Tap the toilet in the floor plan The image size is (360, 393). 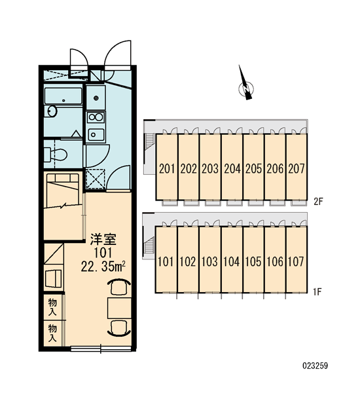point(56,155)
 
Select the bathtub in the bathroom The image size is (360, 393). point(63,96)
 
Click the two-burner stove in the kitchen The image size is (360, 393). point(96,117)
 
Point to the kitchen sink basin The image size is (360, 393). point(96,135)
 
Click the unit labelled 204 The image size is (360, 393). point(232,167)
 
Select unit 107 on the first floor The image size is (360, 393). point(296,259)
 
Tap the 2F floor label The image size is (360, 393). point(318,202)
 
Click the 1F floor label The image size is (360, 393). point(317,291)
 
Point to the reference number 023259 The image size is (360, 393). point(315,365)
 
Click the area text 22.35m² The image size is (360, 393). point(103,267)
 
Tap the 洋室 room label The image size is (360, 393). point(103,239)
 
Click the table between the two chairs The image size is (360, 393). point(119,308)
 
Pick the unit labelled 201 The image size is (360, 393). point(167,167)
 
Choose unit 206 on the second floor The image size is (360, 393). point(275,167)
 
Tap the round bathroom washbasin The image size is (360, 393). point(52,111)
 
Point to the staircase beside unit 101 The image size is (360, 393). point(149,246)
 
